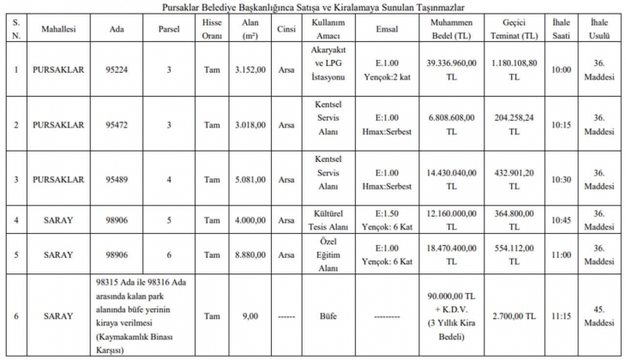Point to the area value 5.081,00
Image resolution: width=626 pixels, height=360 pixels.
[x=251, y=179]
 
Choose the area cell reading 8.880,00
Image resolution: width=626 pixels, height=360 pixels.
[x=251, y=255]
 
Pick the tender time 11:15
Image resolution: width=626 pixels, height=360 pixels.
[x=561, y=315]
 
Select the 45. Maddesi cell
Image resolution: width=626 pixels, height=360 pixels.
[x=599, y=315]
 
